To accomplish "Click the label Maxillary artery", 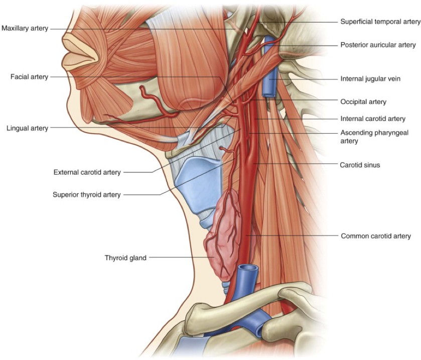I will point(25,28).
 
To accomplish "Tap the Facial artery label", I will point(29,77).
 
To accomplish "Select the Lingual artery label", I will point(27,128).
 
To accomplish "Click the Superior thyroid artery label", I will point(86,194).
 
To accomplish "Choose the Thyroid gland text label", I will point(125,258).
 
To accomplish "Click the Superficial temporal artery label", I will point(380,22).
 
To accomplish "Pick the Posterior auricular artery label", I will point(378,45).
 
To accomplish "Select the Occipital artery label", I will point(363,101).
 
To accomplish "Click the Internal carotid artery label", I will point(373,119).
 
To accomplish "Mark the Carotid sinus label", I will point(360,164).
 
